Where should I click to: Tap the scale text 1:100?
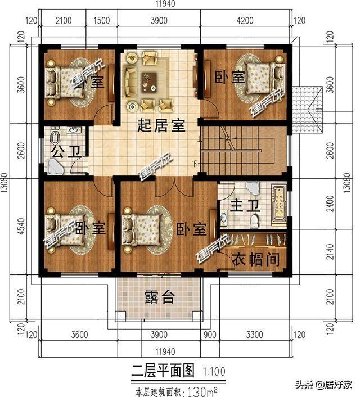tap(211, 371)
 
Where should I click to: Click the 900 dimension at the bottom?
tap(210, 335)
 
